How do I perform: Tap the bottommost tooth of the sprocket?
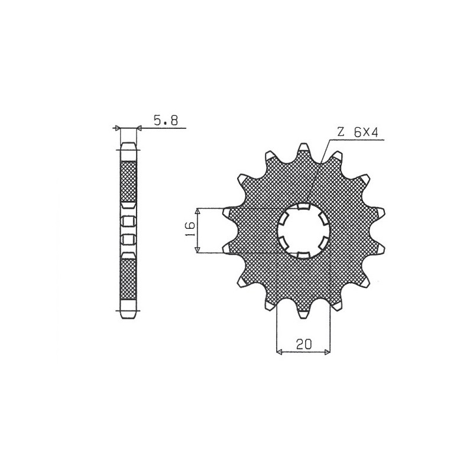[303, 313]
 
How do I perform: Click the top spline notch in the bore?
[303, 207]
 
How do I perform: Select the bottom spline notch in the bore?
[303, 254]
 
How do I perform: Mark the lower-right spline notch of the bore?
[323, 243]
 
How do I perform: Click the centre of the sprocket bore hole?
[303, 231]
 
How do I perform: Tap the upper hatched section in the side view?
[128, 180]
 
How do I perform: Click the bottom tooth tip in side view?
[128, 314]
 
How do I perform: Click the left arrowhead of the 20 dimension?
[280, 353]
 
